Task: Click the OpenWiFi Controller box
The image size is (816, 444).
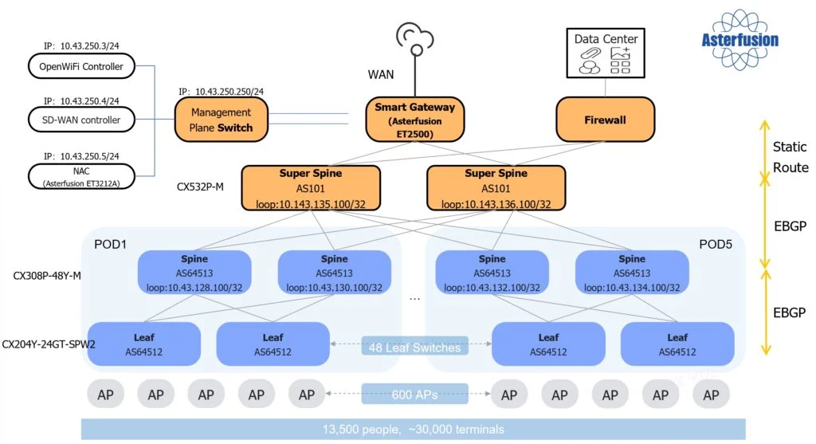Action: tap(81, 67)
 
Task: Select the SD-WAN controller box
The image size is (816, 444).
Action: tap(81, 120)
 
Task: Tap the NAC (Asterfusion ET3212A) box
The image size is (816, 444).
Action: tap(81, 175)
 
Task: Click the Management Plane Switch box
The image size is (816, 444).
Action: tap(221, 120)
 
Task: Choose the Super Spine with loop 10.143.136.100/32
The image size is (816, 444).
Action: tap(496, 188)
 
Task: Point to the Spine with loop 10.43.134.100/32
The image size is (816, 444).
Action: tap(632, 273)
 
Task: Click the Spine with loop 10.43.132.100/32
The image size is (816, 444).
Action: tap(492, 273)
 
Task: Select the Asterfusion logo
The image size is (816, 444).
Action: tap(740, 38)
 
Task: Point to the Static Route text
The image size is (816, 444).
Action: tap(790, 157)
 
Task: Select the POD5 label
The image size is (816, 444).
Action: tap(715, 242)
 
